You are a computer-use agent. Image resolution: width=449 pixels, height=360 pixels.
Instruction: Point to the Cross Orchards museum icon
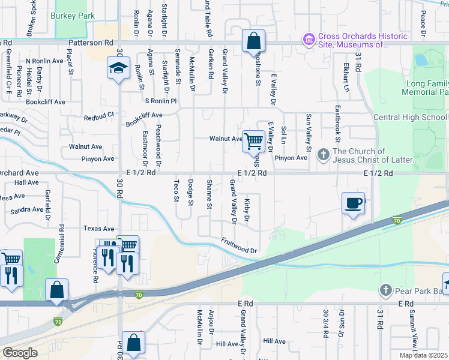pyautogui.click(x=310, y=40)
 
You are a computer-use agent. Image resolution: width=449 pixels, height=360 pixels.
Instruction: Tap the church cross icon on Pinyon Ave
pyautogui.click(x=324, y=155)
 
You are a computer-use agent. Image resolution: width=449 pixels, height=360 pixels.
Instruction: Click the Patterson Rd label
pyautogui.click(x=91, y=43)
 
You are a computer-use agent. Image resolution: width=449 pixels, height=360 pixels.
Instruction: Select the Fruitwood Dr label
pyautogui.click(x=238, y=245)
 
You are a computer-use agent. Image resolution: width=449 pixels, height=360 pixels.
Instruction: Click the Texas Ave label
pyautogui.click(x=98, y=229)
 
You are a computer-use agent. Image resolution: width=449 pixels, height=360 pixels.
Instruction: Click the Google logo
pyautogui.click(x=20, y=352)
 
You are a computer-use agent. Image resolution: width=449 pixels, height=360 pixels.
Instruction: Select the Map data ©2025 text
pyautogui.click(x=423, y=355)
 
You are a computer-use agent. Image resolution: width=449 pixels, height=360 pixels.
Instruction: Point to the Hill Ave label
pyautogui.click(x=228, y=344)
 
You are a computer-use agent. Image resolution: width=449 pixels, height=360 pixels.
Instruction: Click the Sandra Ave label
pyautogui.click(x=26, y=210)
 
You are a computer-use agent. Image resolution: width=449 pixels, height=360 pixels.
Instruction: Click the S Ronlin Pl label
pyautogui.click(x=160, y=101)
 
